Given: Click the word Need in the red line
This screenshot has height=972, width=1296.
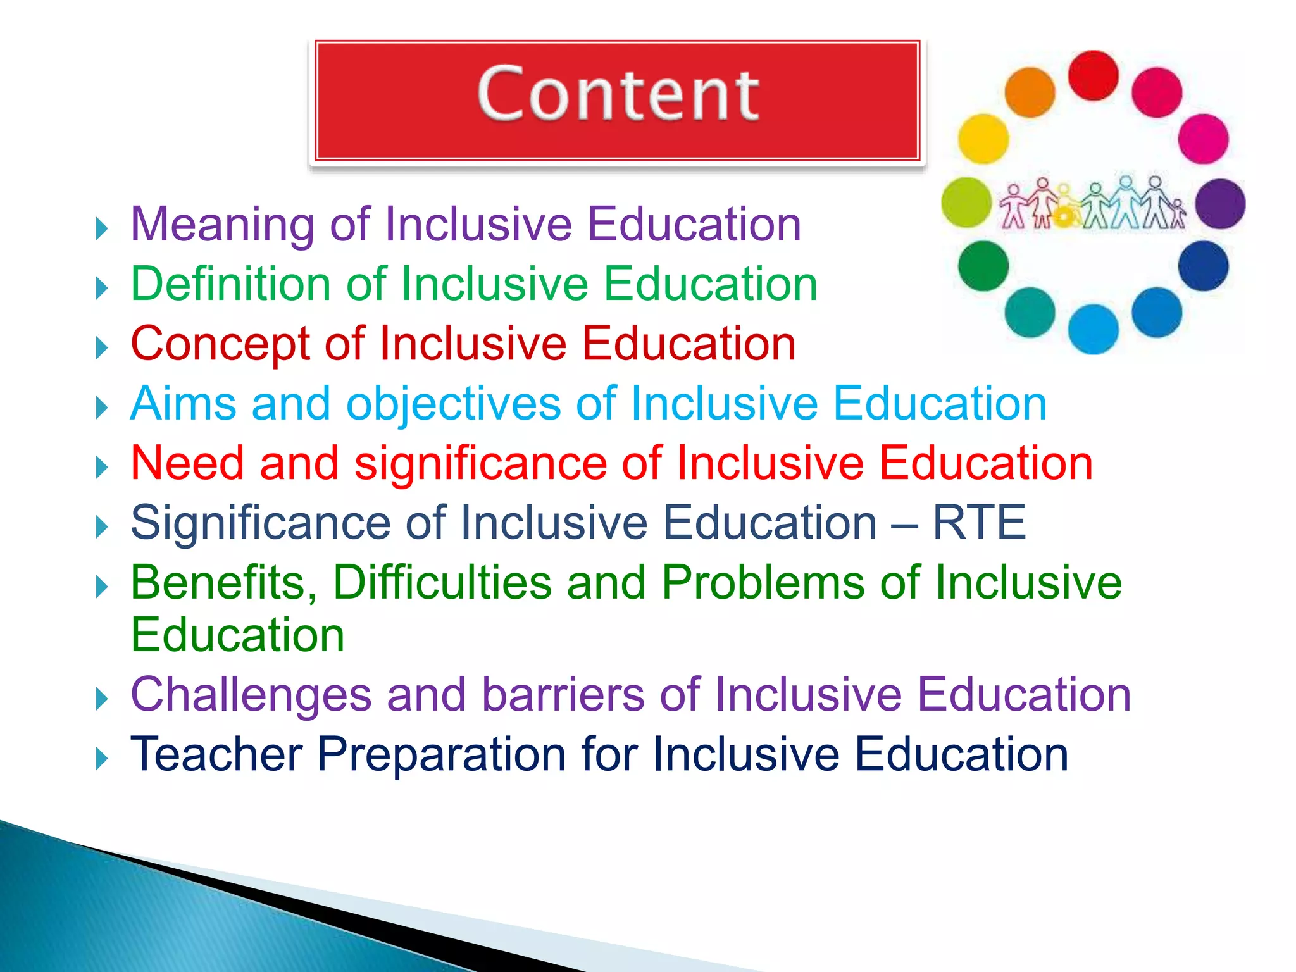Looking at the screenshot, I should click(x=187, y=463).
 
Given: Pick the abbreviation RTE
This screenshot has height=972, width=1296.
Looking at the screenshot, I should click(x=979, y=523).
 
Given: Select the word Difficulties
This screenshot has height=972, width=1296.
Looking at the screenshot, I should click(x=442, y=582).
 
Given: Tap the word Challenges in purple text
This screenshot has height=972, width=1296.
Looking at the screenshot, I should click(x=251, y=695).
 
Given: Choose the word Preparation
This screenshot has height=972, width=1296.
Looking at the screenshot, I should click(x=441, y=754).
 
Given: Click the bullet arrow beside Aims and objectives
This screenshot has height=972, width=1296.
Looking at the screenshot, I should click(x=102, y=408).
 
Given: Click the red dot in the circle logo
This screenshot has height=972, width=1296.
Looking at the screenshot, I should click(x=1093, y=76).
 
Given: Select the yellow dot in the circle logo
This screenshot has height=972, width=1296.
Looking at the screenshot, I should click(x=983, y=139).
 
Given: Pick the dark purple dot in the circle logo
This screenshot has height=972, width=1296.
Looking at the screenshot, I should click(x=1220, y=204).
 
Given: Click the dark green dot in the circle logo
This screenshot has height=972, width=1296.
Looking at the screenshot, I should click(x=983, y=266).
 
